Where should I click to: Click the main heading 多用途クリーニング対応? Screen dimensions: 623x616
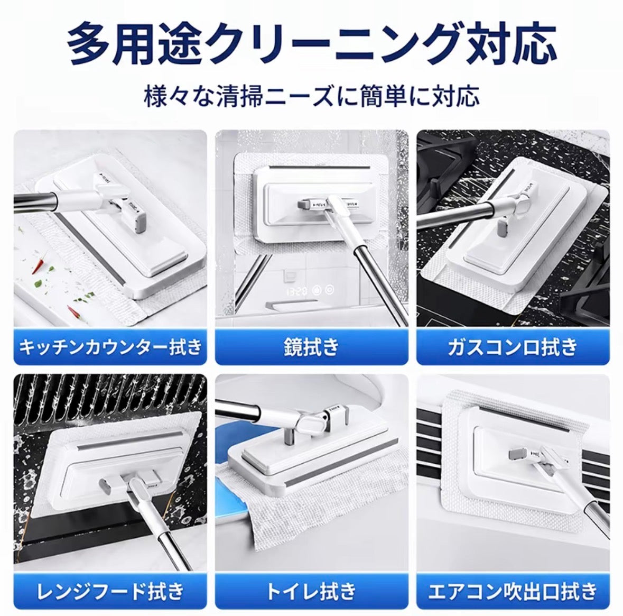point(312,44)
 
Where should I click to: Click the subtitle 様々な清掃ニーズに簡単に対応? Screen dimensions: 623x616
point(312,97)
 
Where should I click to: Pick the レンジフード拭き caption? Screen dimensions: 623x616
point(110,591)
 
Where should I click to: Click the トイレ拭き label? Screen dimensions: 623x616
point(312,591)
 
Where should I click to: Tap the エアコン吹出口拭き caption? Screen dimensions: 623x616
point(513,591)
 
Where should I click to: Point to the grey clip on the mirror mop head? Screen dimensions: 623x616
point(304,205)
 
